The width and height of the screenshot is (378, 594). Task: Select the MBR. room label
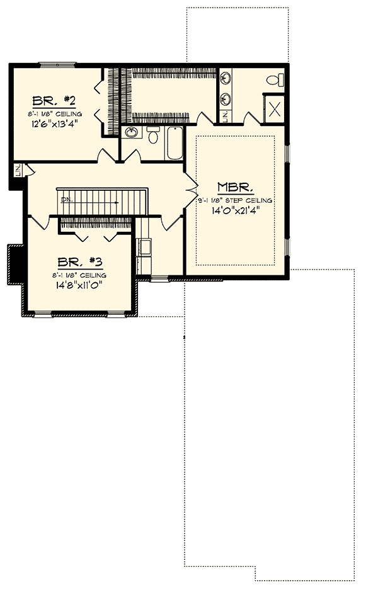236,187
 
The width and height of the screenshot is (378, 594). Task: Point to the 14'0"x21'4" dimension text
236,211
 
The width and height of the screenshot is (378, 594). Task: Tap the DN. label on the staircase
66,200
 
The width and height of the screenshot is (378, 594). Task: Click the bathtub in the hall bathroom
173,143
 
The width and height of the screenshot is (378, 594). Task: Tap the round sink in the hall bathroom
132,132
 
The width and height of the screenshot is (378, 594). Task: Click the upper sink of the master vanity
226,79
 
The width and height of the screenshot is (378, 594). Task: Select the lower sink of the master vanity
226,98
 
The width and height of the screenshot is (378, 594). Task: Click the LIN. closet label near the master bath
226,115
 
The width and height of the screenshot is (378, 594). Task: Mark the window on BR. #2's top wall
57,64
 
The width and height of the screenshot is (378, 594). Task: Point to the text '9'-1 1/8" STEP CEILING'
236,200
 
